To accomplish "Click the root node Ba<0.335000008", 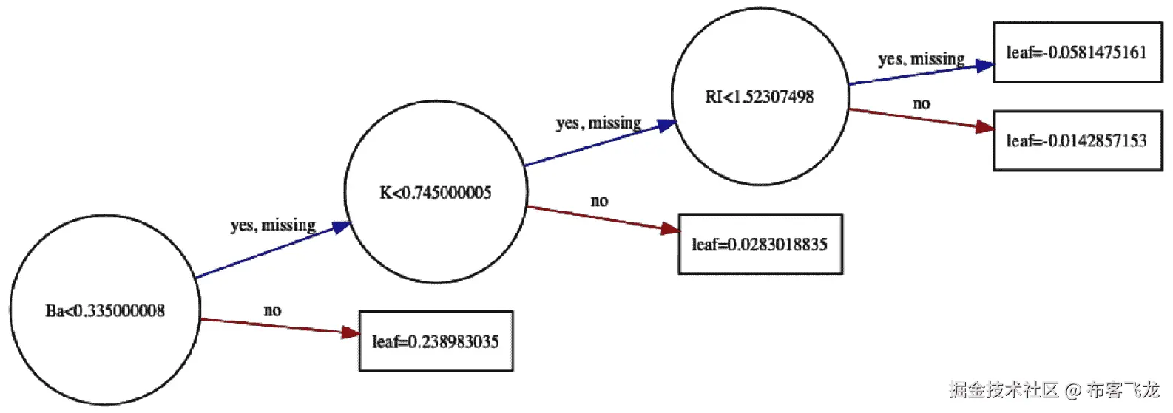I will (105, 310).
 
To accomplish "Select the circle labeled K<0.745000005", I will (436, 193).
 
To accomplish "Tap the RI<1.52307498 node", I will (760, 97).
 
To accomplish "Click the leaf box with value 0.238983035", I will (436, 341).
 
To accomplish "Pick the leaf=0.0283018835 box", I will (760, 245).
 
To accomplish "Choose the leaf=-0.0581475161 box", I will (1077, 52).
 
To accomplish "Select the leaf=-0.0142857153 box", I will (1077, 141).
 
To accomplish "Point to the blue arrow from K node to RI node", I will (599, 143).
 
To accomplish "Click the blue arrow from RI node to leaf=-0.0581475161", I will (921, 74).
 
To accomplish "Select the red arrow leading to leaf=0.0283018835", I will (603, 219).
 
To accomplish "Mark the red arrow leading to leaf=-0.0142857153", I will (921, 120).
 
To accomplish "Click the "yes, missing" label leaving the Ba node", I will (273, 225).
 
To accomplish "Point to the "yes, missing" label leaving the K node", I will (598, 123).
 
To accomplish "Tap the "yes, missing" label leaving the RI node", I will (921, 59).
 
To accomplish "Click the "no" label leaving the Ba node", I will (272, 310).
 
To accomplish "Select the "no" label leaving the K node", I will (599, 201).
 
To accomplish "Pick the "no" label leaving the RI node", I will (921, 103).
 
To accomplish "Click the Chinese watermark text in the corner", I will (1054, 389).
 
